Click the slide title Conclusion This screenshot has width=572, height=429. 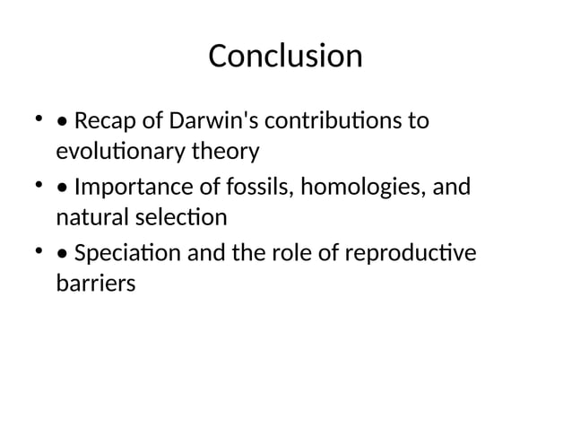pos(285,57)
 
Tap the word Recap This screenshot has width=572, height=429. pos(101,119)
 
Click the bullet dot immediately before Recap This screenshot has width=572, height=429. pos(60,121)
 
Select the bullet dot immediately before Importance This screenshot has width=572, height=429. pos(60,189)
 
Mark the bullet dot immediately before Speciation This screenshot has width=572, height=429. pos(60,256)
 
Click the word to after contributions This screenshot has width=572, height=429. pos(417,119)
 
